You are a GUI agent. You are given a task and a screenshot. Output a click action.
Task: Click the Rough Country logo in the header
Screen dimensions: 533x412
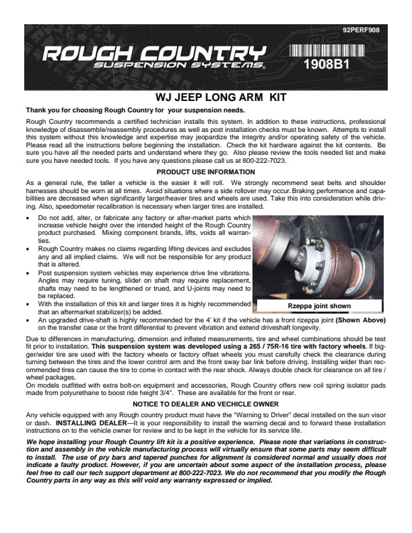pos(153,52)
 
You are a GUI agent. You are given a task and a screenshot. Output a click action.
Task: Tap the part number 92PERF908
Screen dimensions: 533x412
pos(361,30)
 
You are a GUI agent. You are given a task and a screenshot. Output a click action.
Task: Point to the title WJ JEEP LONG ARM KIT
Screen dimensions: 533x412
pos(206,98)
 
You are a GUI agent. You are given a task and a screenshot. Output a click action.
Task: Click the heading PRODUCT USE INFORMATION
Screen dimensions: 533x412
pos(206,172)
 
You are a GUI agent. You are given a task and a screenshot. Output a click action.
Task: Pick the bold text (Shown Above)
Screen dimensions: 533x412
pos(361,320)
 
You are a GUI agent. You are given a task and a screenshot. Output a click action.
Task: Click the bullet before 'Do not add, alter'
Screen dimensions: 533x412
pos(28,219)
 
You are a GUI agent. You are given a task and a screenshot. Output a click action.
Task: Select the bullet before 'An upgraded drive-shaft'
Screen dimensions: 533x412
pos(28,320)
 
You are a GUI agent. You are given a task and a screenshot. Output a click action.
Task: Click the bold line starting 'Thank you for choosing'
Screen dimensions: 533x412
pos(135,110)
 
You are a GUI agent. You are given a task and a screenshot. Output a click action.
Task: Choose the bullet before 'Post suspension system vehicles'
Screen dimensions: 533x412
pos(28,273)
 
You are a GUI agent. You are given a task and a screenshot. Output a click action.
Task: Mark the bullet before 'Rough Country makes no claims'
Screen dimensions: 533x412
pos(28,248)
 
